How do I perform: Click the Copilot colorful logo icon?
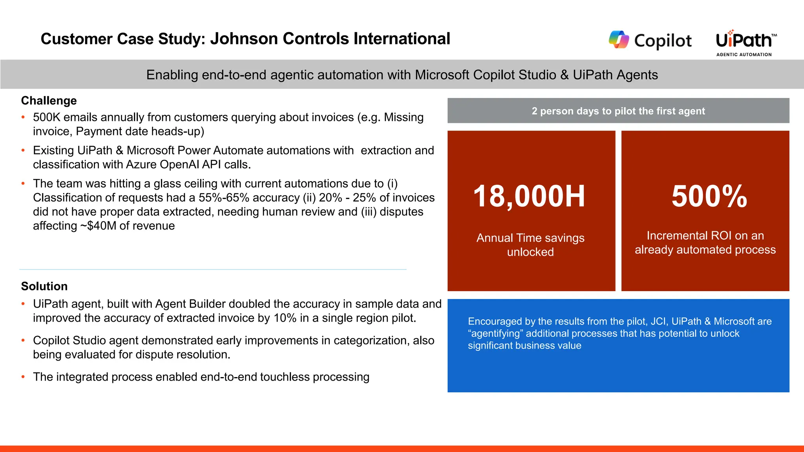pyautogui.click(x=619, y=40)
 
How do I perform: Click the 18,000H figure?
pyautogui.click(x=529, y=196)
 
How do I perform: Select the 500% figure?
pyautogui.click(x=709, y=196)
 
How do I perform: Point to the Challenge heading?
pyautogui.click(x=49, y=101)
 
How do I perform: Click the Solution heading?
pyautogui.click(x=44, y=286)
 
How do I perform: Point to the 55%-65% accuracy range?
pyautogui.click(x=223, y=198)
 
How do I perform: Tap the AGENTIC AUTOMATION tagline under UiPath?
pyautogui.click(x=744, y=55)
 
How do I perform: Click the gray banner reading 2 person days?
pyautogui.click(x=618, y=111)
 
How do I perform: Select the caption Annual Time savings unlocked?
pyautogui.click(x=530, y=245)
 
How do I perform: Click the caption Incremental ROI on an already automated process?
pyautogui.click(x=705, y=242)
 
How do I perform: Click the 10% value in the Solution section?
pyautogui.click(x=285, y=318)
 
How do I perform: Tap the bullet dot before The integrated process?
pyautogui.click(x=23, y=377)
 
